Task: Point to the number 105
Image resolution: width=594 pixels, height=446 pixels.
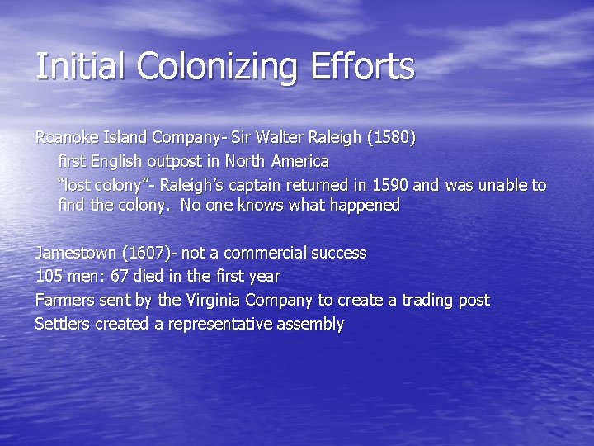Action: coord(49,276)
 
